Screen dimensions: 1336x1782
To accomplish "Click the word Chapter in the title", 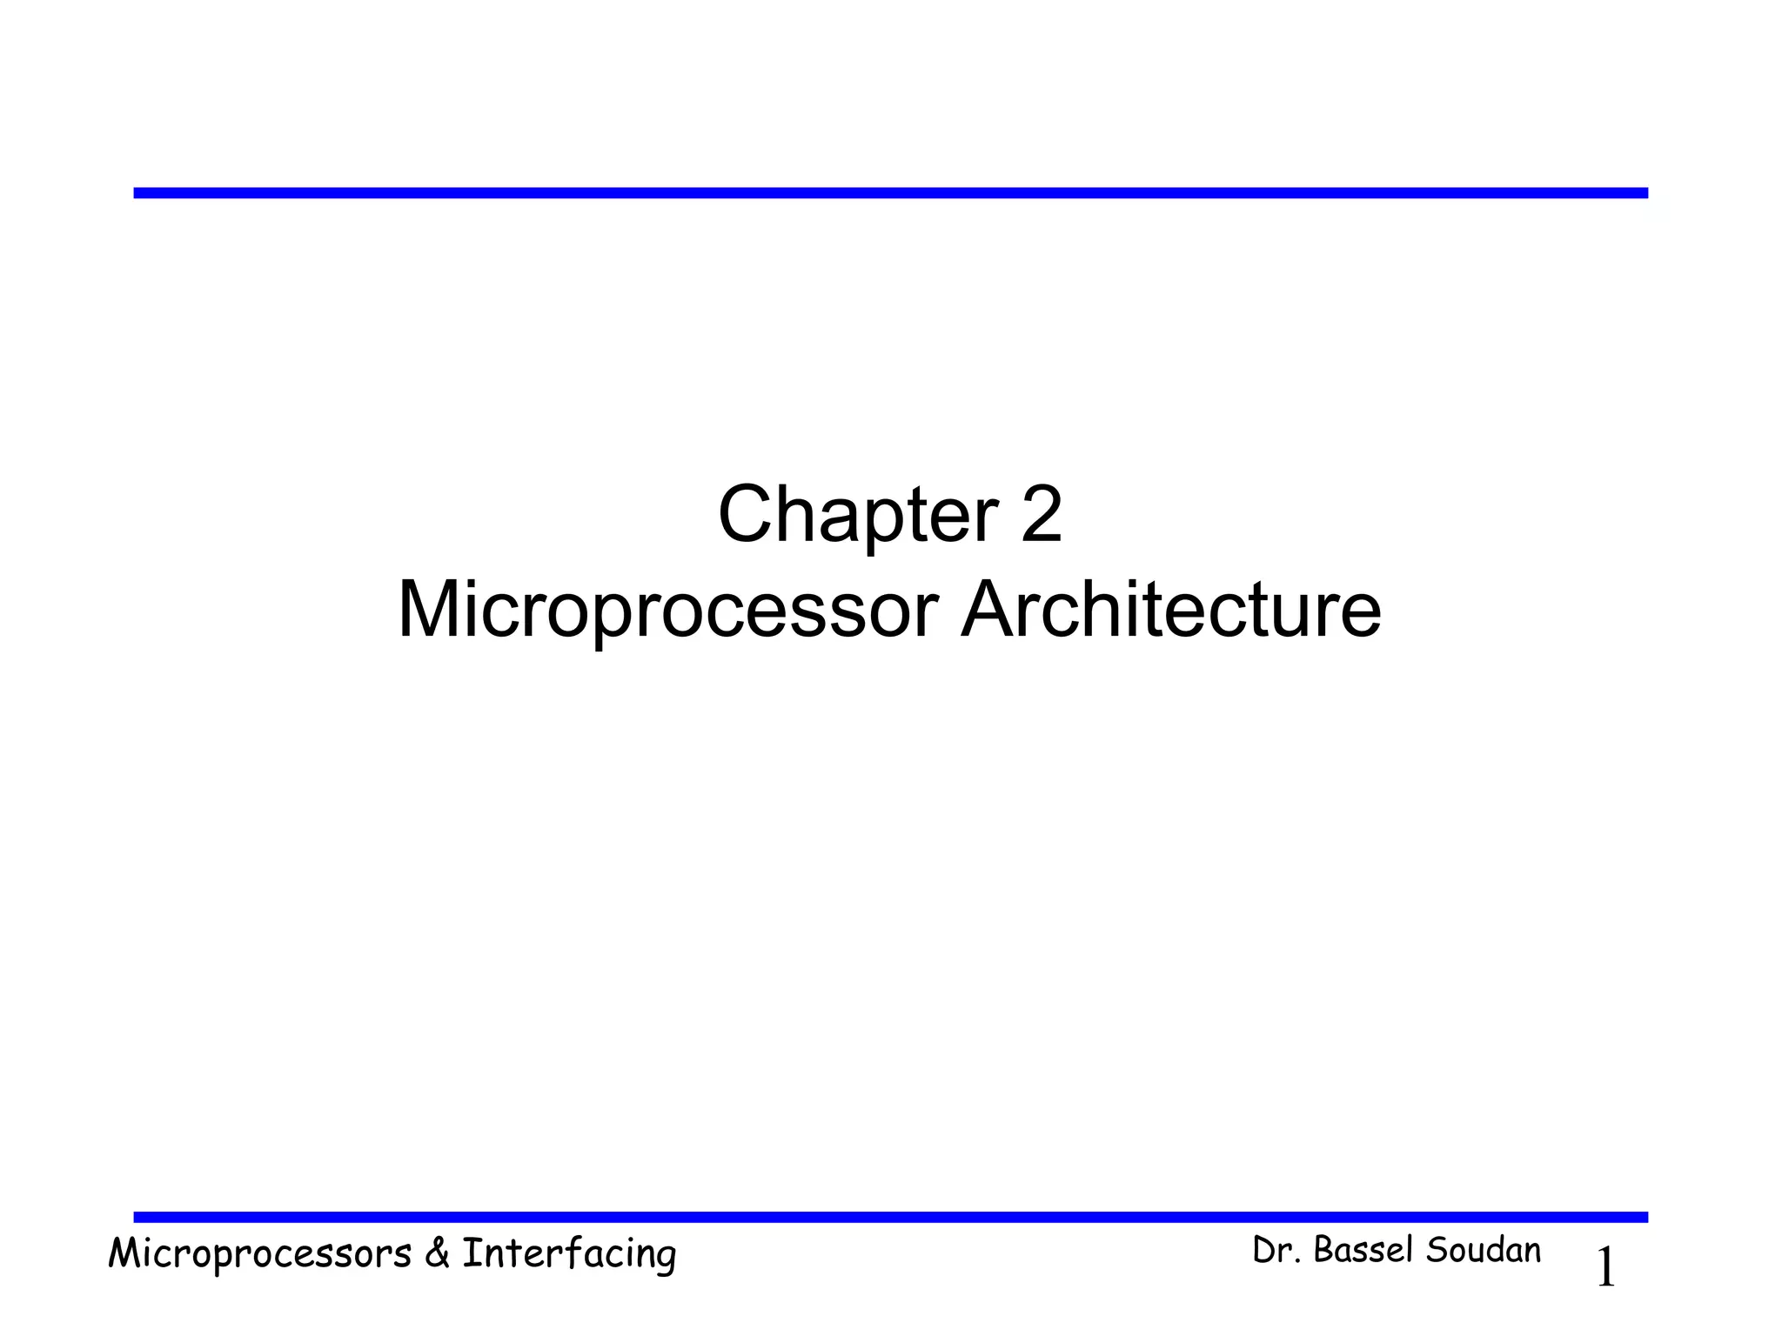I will tap(857, 515).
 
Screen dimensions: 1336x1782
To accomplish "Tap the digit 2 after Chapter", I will tap(1042, 515).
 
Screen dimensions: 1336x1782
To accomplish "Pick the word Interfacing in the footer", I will tap(569, 1254).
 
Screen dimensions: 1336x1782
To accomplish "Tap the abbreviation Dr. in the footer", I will tap(1276, 1251).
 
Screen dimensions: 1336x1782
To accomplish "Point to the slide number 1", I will tap(1606, 1268).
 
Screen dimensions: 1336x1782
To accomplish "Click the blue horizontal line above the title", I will tap(890, 193).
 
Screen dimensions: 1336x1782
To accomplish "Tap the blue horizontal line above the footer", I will tap(890, 1217).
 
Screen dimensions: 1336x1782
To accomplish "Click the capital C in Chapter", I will tap(746, 515).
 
